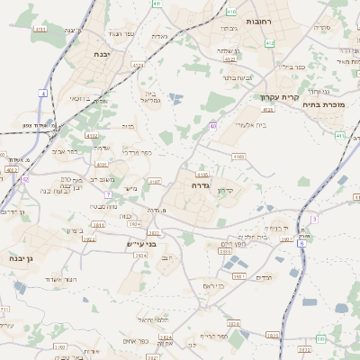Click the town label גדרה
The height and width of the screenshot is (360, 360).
click(201, 184)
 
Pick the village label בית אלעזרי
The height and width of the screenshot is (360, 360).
click(248, 124)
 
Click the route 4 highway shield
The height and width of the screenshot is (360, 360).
click(43, 94)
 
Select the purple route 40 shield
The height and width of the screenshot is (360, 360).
click(213, 125)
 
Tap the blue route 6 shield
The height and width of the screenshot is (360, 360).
click(301, 243)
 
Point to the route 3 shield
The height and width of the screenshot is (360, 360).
click(314, 219)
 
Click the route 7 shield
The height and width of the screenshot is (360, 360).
click(108, 194)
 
